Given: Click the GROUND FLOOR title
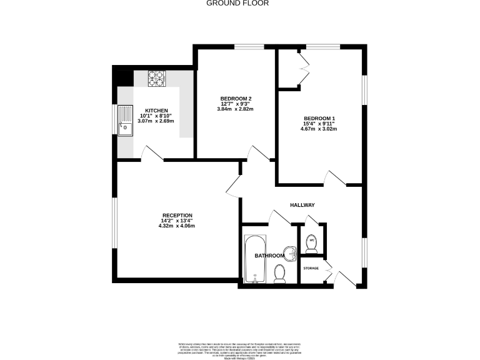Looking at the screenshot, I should point(237,3).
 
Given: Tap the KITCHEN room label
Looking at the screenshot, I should point(157,110).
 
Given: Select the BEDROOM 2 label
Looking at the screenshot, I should point(236,99).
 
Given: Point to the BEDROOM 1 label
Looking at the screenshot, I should point(319,118).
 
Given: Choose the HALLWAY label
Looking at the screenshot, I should point(302,205).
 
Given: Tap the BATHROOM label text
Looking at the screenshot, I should point(269,256).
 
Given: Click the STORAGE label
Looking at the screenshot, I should point(311,268).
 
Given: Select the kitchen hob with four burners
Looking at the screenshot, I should point(156,79).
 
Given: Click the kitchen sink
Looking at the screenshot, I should point(125,122).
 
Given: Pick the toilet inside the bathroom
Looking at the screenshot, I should point(280,272).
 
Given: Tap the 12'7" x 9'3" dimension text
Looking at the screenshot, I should point(236,104).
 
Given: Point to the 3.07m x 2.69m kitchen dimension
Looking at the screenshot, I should point(157,121).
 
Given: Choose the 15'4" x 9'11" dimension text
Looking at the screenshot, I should point(319,124).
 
